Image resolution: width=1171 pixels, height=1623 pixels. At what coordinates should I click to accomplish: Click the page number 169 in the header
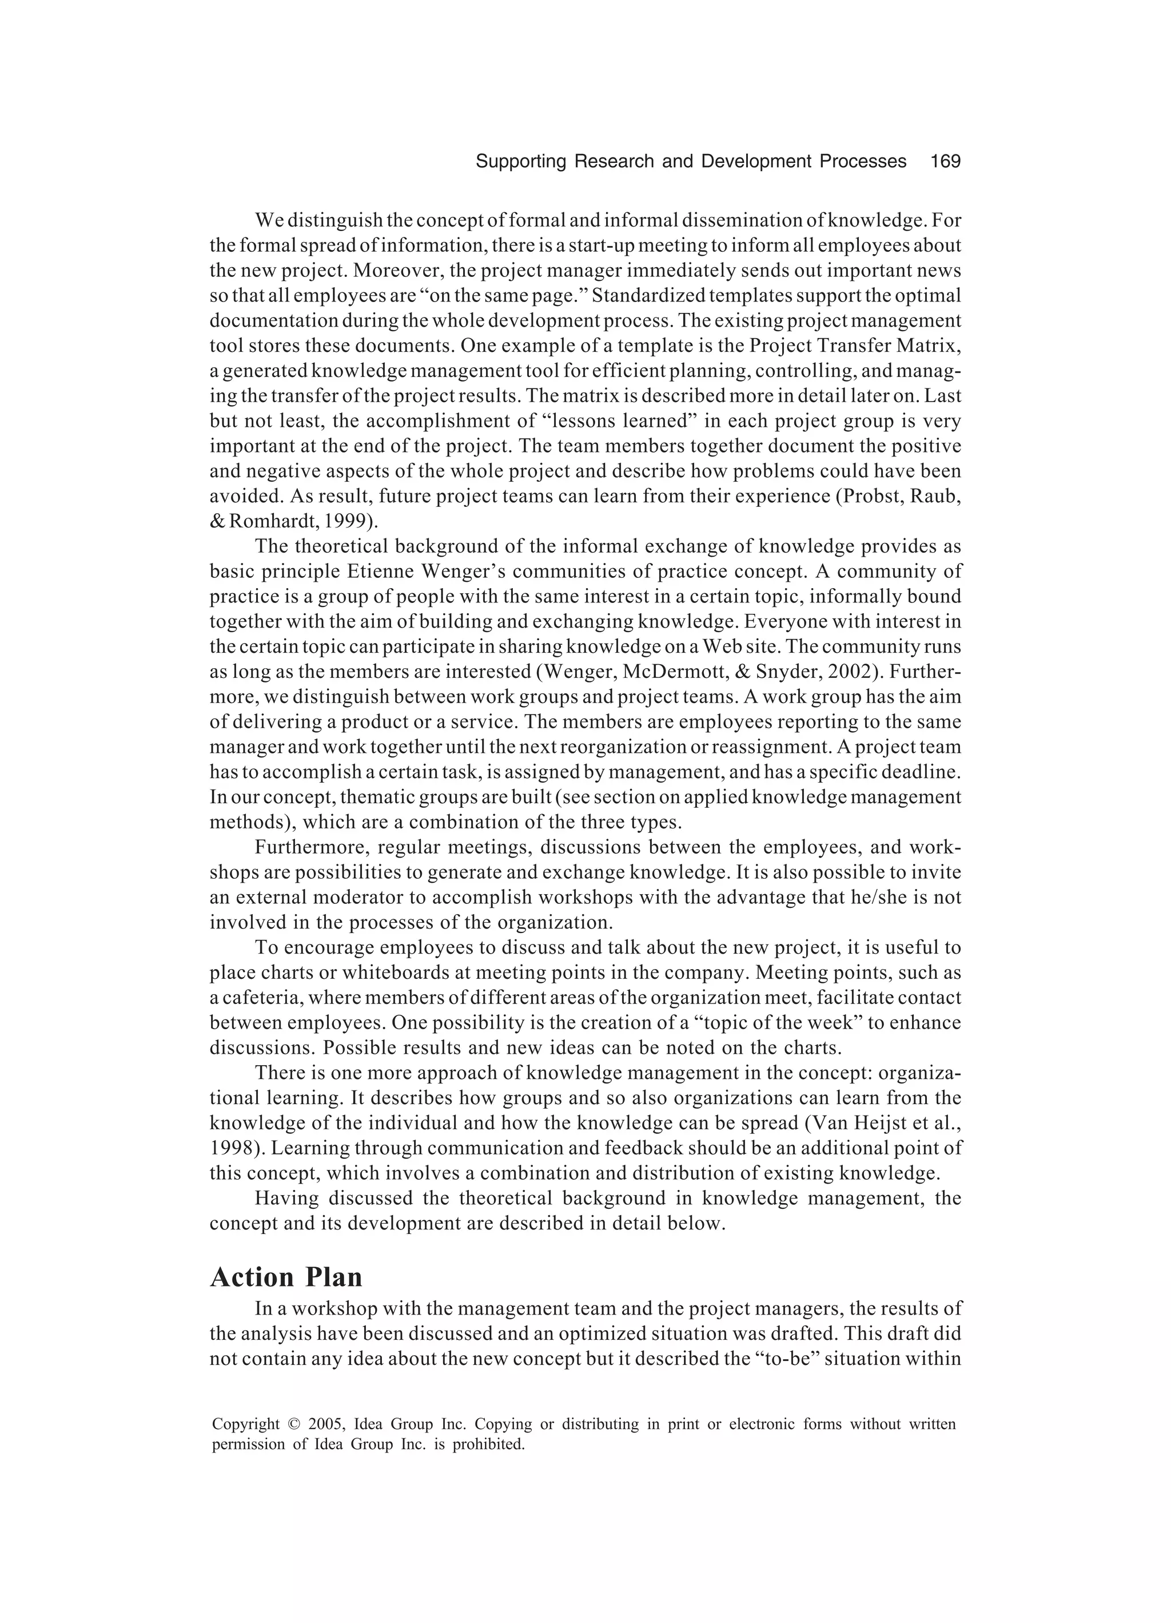pyautogui.click(x=945, y=162)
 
